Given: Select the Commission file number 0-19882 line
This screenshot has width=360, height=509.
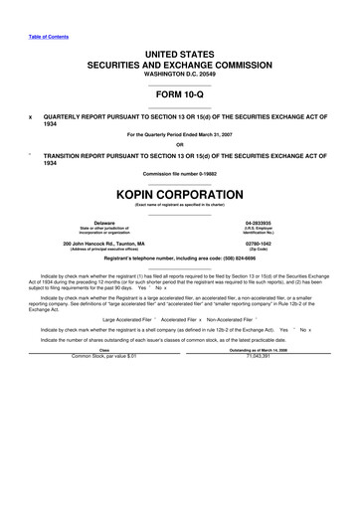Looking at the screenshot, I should tap(179, 175).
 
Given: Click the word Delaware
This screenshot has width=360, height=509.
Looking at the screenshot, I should tap(103, 224).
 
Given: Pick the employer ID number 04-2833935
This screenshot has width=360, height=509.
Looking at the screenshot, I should tap(256, 224).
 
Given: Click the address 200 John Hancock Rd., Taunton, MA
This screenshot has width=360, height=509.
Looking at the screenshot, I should tap(103, 243).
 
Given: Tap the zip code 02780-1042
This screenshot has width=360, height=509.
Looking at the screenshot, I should tap(256, 243).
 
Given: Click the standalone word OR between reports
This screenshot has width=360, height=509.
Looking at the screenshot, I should tap(179, 144).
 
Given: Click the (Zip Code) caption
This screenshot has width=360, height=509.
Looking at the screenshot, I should tap(256, 249).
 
